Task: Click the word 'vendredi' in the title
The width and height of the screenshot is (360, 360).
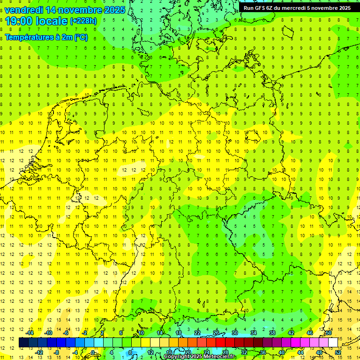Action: coord(24,9)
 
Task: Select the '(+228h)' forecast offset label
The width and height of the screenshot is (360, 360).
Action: coord(83,21)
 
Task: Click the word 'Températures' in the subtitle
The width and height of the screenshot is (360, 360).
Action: coord(28,37)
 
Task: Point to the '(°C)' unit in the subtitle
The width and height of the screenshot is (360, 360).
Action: coord(80,37)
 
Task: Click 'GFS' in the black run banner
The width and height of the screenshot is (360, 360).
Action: coord(262,7)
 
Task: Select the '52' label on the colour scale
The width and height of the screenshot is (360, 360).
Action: coord(338,352)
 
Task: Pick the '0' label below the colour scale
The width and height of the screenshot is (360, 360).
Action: coord(93,352)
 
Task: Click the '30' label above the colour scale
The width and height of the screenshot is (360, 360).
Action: coord(234,333)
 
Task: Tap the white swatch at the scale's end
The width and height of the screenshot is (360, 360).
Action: coord(333,343)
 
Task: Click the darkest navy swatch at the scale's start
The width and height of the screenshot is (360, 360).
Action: coord(23,343)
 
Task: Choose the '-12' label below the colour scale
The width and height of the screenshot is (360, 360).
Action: coord(39,352)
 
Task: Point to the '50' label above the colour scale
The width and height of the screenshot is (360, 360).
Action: coord(329,333)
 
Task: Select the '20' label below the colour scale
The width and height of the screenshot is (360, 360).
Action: coord(187,352)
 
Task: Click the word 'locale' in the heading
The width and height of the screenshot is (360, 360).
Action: coord(52,21)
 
